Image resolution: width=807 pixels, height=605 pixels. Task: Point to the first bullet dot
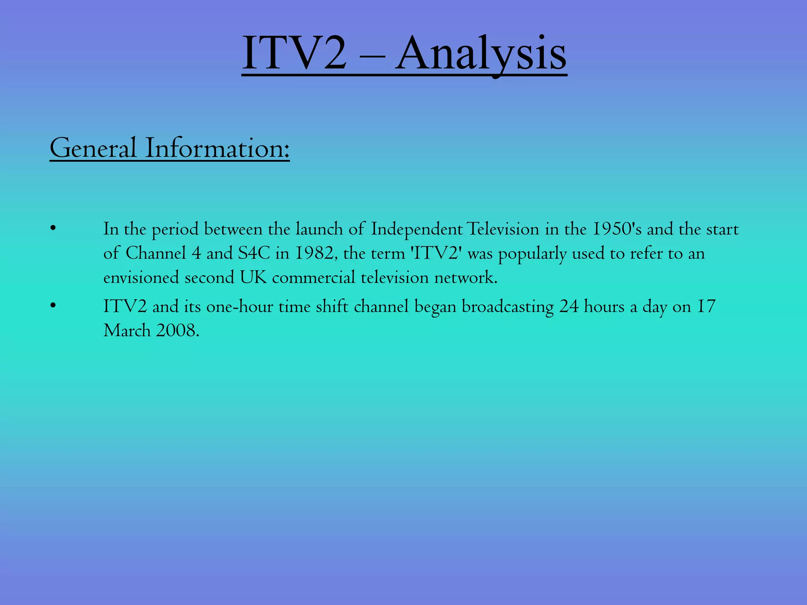(x=53, y=228)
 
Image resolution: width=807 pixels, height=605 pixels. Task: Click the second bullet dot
(x=53, y=306)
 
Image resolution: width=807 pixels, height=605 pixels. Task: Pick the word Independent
(x=417, y=229)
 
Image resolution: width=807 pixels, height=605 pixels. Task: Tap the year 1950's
(x=617, y=229)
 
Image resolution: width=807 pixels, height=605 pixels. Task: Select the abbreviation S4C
(x=254, y=253)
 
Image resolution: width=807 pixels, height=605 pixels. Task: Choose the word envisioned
(x=141, y=277)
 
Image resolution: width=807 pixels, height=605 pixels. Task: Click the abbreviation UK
(x=253, y=277)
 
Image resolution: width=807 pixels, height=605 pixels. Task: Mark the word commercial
(x=314, y=277)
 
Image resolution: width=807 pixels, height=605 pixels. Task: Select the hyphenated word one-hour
(x=240, y=306)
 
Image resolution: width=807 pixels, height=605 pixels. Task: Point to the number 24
(x=569, y=306)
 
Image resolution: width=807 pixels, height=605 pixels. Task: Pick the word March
(x=127, y=330)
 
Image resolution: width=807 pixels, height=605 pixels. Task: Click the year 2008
(x=178, y=330)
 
